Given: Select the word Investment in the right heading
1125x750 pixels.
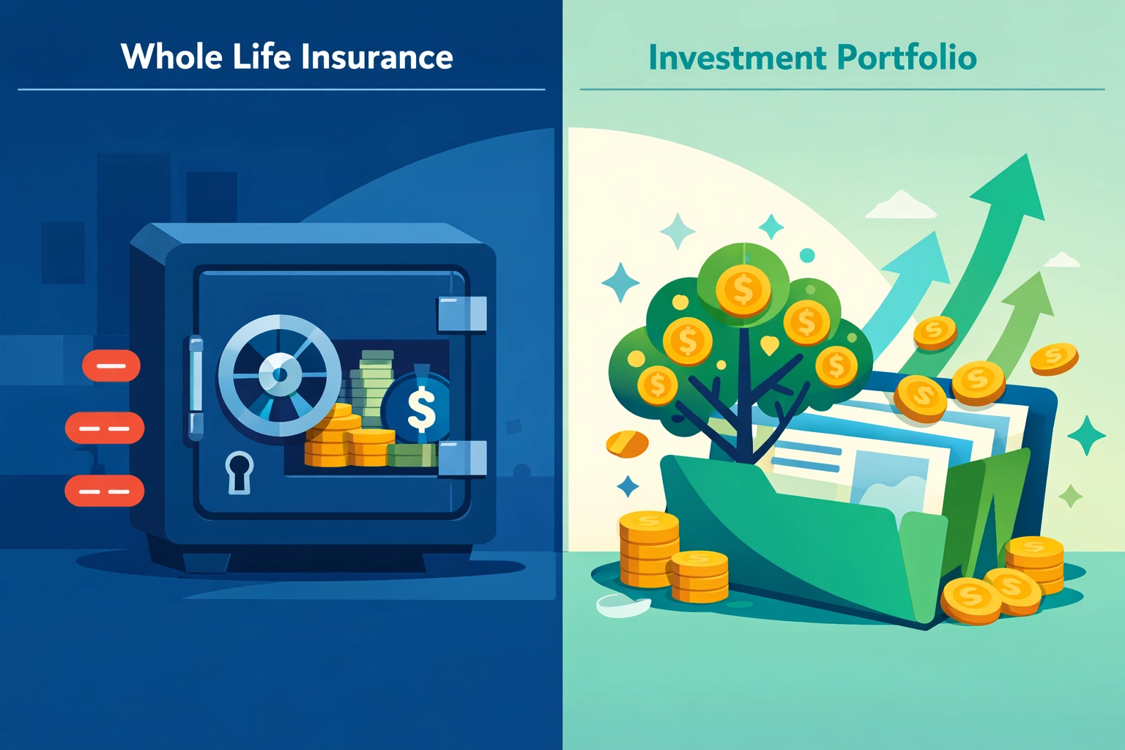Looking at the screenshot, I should (738, 57).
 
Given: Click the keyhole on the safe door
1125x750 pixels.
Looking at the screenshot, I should (239, 472).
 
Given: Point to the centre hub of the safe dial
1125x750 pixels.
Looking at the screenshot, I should (280, 375).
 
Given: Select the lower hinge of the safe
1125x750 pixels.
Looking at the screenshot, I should (462, 458).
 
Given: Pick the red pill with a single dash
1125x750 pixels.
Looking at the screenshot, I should (111, 365).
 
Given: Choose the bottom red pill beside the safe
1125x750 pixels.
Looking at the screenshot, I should (105, 491).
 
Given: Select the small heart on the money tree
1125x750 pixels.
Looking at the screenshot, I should (769, 344).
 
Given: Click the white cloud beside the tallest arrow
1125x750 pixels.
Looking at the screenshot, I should (901, 207).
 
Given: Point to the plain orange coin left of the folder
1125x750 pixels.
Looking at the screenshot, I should (628, 442).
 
